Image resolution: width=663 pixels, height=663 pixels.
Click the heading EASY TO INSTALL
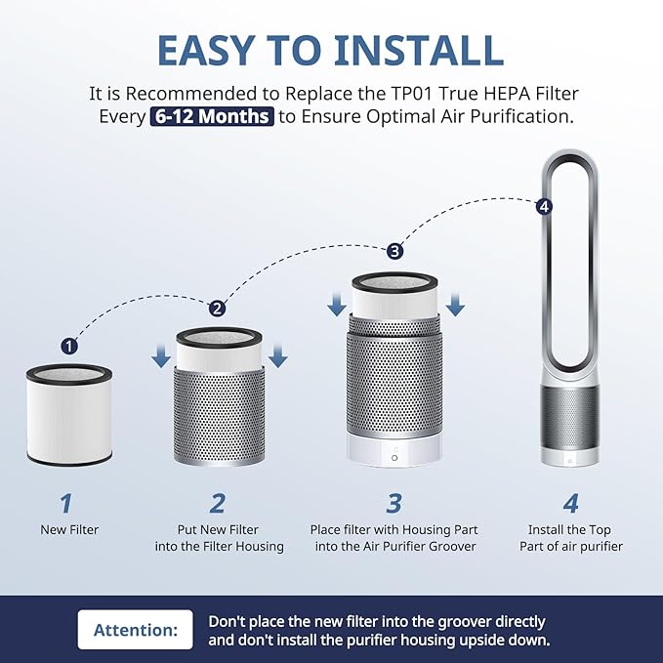pyautogui.click(x=331, y=50)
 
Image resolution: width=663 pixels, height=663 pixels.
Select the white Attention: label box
pyautogui.click(x=135, y=630)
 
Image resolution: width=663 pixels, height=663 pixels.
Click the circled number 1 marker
pyautogui.click(x=69, y=346)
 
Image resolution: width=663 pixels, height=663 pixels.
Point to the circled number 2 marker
pyautogui.click(x=218, y=308)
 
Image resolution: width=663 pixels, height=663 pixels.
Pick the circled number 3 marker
pyautogui.click(x=394, y=251)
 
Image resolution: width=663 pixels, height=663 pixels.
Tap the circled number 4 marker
pyautogui.click(x=544, y=206)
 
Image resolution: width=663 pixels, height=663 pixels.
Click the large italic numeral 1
pyautogui.click(x=66, y=503)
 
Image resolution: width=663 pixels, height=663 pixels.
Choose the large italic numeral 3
pyautogui.click(x=394, y=503)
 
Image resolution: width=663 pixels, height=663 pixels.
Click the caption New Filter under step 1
pyautogui.click(x=68, y=529)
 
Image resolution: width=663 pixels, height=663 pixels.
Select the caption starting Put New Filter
pyautogui.click(x=219, y=538)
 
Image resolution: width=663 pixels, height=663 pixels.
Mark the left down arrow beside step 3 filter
pyautogui.click(x=337, y=305)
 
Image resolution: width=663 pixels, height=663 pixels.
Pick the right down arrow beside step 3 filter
pyautogui.click(x=455, y=305)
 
